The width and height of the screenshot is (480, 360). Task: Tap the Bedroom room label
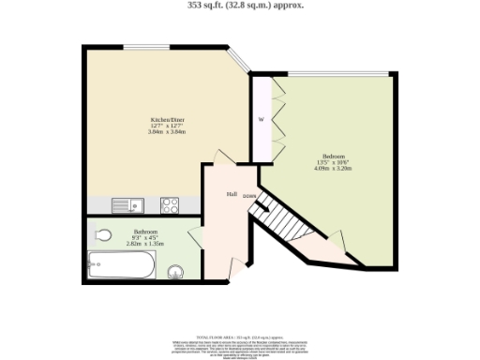[x=335, y=155]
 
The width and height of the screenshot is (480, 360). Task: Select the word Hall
[x=231, y=194]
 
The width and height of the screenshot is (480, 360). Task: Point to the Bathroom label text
[x=144, y=231]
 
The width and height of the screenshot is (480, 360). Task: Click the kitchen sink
[x=124, y=203]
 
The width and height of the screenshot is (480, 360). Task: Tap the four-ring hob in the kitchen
[x=170, y=203]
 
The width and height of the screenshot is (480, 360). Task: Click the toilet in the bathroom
[x=102, y=234]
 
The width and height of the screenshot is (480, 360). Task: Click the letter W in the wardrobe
[x=261, y=120]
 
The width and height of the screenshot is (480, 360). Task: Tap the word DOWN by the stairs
[x=249, y=196]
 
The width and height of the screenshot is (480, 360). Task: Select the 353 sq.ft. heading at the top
[x=239, y=5]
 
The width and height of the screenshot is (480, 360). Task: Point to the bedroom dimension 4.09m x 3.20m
[x=335, y=169]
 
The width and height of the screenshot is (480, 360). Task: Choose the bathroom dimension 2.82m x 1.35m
[x=144, y=243]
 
